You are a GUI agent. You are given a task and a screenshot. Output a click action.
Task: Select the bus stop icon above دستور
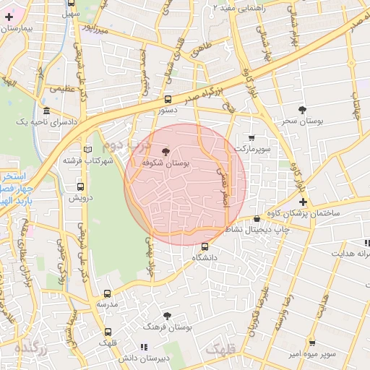(168, 100)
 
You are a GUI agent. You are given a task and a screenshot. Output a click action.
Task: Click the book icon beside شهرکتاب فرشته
(88, 150)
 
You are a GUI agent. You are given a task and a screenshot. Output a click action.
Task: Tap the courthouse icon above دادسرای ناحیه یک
(47, 111)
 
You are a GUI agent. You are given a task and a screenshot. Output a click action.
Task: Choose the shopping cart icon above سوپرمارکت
(251, 137)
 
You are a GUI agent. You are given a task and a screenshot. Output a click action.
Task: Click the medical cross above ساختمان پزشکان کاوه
(303, 202)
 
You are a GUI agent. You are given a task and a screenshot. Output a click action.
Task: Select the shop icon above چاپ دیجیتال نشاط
(257, 219)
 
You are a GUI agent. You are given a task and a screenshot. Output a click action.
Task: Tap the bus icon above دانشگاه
(205, 246)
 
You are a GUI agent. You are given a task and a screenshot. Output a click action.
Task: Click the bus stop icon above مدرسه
(108, 293)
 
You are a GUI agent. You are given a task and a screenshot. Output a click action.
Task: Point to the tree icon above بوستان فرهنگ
(168, 315)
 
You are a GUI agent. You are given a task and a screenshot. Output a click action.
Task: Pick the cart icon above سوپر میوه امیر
(311, 343)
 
